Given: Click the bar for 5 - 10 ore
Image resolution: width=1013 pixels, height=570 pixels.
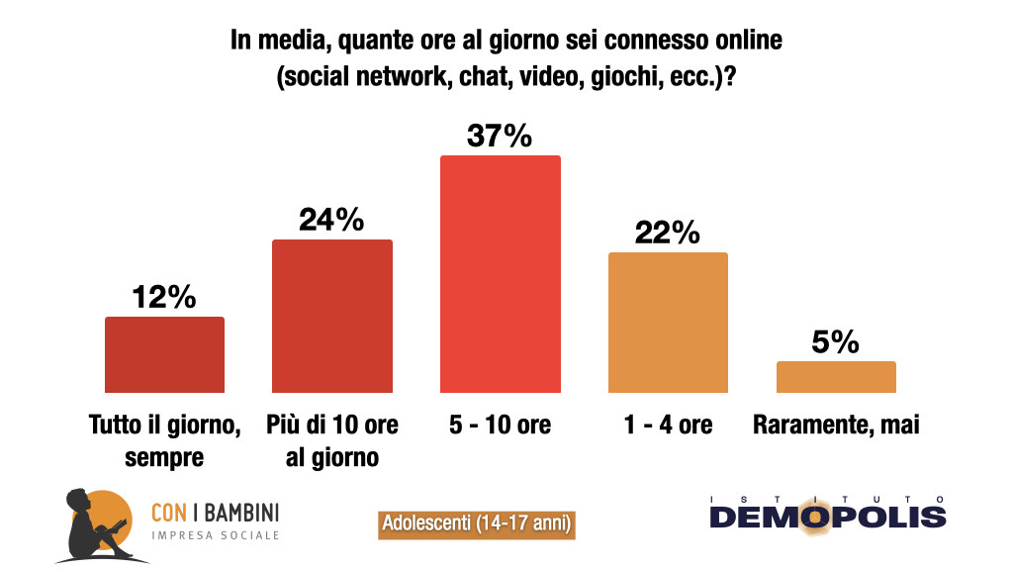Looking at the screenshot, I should [x=500, y=273].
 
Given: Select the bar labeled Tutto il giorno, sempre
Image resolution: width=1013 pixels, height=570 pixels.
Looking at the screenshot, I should [x=164, y=354].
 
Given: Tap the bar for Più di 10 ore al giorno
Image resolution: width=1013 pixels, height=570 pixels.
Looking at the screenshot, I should [x=332, y=316].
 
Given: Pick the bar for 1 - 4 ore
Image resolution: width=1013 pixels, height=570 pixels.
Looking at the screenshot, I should [x=668, y=322].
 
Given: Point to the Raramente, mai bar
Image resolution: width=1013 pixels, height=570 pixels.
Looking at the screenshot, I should [x=836, y=377].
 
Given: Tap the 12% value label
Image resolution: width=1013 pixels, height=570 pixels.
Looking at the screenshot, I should [x=164, y=297].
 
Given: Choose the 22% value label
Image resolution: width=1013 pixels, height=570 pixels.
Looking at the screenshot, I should [x=668, y=234].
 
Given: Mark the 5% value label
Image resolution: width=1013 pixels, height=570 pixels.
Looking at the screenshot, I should [x=836, y=342].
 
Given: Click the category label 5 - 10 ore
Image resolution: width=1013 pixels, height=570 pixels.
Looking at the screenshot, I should [x=500, y=426].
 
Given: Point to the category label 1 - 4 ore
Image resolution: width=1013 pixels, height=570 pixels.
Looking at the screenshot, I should [x=668, y=426].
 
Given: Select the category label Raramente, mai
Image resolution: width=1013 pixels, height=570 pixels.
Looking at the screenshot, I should [x=836, y=426].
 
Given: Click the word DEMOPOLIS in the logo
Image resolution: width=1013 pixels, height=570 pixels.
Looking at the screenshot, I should [x=827, y=517].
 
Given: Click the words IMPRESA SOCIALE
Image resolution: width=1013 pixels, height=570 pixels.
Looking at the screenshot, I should [x=215, y=535].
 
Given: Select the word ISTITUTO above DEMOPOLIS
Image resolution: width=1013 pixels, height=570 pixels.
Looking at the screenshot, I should [x=827, y=498].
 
